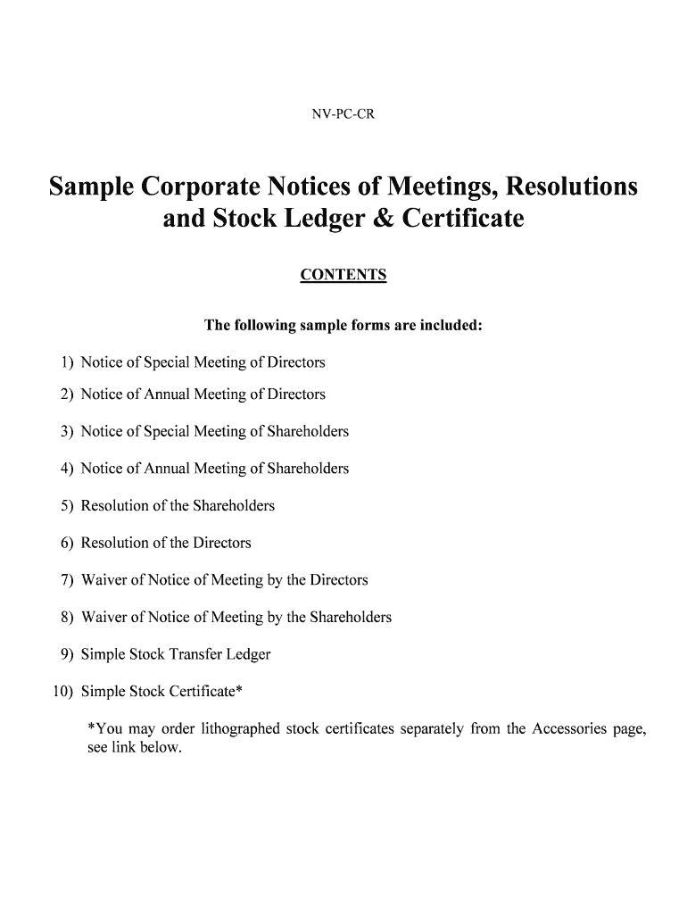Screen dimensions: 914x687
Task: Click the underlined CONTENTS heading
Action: (343, 275)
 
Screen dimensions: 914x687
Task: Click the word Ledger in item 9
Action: (249, 654)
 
